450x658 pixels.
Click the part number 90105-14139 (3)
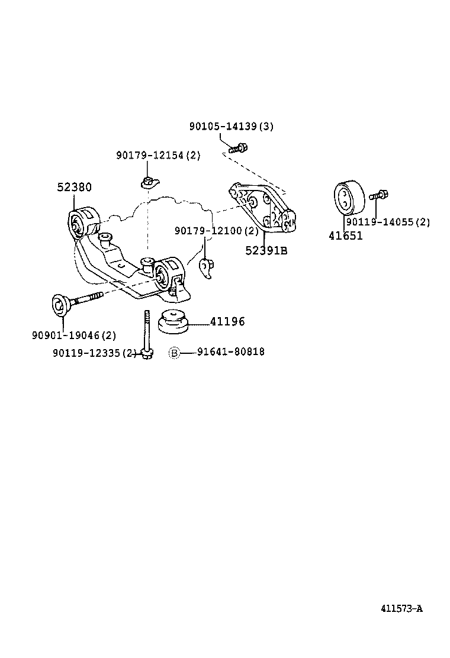232,127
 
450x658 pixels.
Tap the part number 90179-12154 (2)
158,155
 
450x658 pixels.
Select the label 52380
74,187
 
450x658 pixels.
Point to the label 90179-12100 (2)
217,230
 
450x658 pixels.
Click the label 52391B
266,250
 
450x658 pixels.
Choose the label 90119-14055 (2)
388,222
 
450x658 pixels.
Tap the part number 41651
346,236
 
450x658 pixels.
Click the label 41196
227,322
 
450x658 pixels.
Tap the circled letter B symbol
174,353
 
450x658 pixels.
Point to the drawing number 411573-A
401,608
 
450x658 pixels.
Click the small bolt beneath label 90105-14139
238,148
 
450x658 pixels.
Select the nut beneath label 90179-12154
148,181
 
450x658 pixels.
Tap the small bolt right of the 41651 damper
378,195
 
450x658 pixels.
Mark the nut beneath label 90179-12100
207,268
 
